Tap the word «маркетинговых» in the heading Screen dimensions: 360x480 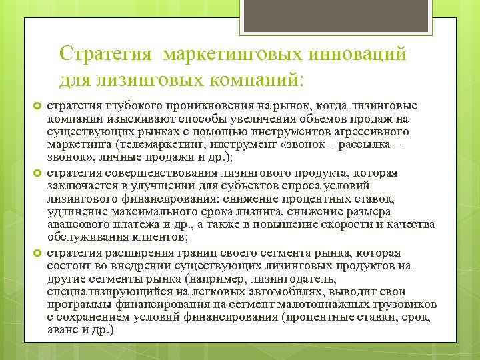pos(231,52)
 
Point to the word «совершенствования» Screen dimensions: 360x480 pos(155,174)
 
